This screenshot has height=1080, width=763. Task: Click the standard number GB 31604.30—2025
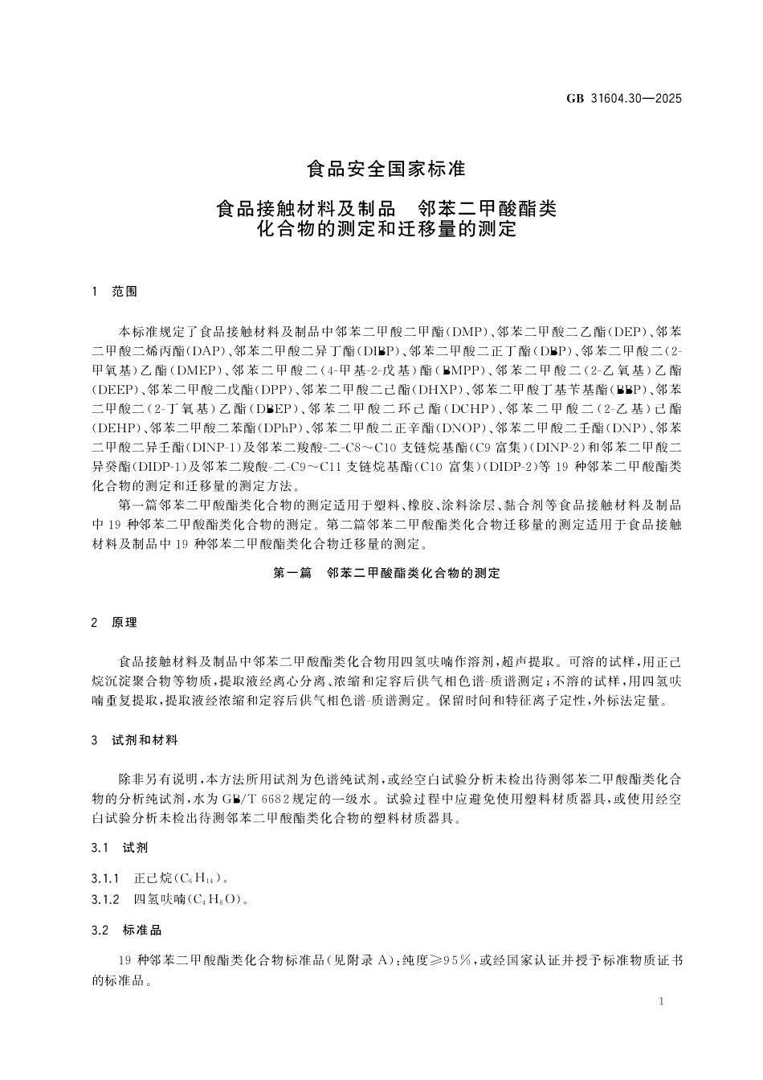pos(624,99)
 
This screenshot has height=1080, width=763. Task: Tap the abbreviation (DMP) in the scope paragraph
pos(463,331)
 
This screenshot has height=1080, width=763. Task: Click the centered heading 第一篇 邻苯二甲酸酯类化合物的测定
pos(386,574)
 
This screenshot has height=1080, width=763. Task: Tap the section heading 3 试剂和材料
pos(134,740)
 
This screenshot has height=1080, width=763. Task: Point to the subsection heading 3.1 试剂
pos(120,848)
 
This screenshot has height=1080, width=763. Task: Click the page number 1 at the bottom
pos(659,1002)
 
